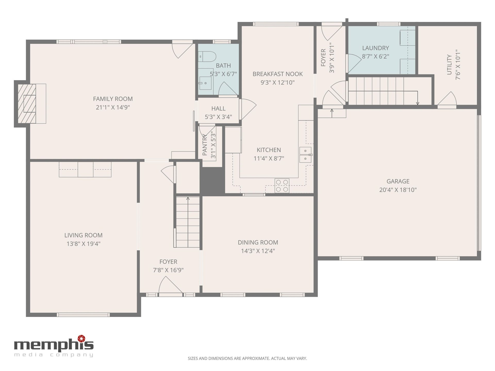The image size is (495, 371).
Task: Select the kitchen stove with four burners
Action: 282,185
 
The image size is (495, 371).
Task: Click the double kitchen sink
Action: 306,155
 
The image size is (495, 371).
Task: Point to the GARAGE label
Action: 398,181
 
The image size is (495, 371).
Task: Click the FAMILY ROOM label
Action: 113,99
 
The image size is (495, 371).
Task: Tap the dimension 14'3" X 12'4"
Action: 258,251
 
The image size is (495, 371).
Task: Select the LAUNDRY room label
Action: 375,48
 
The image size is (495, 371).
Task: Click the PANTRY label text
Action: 205,145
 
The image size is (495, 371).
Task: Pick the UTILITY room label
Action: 449,65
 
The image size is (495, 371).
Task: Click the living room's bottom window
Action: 83,315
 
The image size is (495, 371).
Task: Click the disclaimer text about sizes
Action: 247,358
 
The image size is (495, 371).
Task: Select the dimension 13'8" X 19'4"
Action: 83,244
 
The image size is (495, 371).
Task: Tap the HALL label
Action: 218,108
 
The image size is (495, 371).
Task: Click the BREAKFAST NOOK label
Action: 277,74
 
